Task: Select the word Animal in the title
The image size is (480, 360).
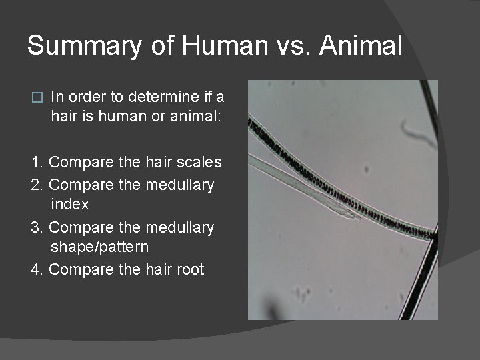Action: (x=361, y=46)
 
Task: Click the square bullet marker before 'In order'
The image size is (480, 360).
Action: (x=37, y=97)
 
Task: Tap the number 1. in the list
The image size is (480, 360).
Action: (x=37, y=162)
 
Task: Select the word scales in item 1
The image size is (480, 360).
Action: (x=199, y=162)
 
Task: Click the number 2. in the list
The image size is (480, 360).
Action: (x=37, y=185)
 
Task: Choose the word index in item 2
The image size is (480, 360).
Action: (x=69, y=204)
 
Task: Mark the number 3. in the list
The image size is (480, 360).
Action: (x=37, y=227)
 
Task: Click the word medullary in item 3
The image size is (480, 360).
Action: (x=181, y=227)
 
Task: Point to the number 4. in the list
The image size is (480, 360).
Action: (x=37, y=269)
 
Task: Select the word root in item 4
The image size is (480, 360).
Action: (x=190, y=269)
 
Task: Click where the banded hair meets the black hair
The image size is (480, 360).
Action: (x=431, y=234)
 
